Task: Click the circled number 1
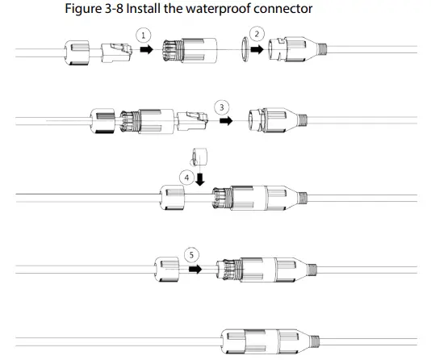pos(143,36)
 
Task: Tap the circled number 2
pos(257,34)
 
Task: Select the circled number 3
pos(222,107)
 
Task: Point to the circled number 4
pos(186,178)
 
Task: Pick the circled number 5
pos(191,255)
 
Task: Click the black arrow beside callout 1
pos(147,50)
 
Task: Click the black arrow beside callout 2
pos(257,49)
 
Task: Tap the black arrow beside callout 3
pos(226,120)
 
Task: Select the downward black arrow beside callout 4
pos(200,179)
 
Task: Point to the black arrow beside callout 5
pos(195,269)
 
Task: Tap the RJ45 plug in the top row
pos(116,52)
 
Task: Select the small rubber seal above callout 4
pos(199,157)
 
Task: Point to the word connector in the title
pos(283,9)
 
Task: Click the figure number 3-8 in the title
pos(114,9)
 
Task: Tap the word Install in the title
pos(143,9)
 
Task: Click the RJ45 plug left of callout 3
pos(193,120)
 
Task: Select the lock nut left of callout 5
pos(167,270)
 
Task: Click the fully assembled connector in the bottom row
pos(270,341)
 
